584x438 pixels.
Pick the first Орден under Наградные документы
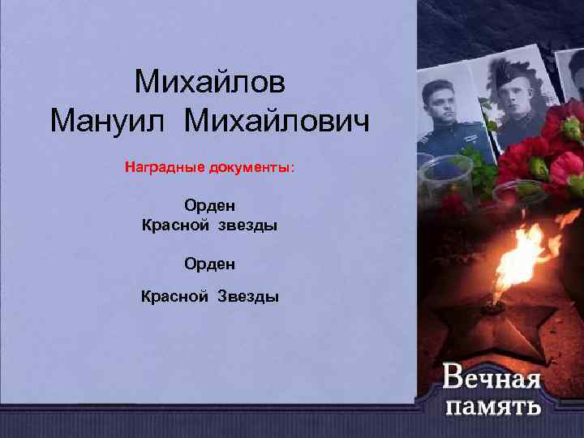coord(210,206)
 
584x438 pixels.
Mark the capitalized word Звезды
coord(247,297)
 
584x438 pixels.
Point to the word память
coord(493,406)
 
